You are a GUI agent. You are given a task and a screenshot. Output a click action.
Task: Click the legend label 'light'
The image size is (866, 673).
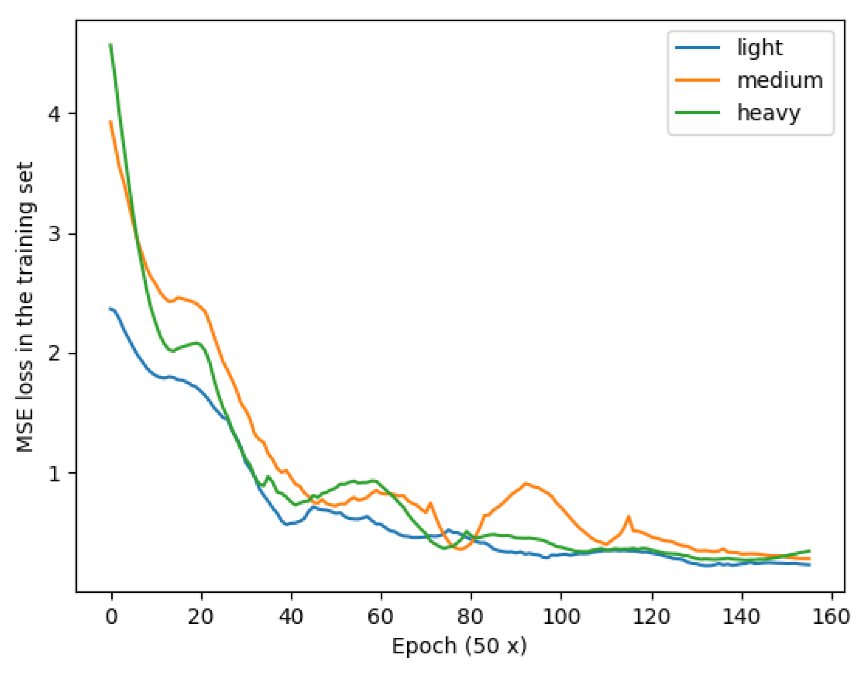tap(759, 48)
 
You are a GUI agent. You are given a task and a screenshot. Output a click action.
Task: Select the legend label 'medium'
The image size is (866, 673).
tap(779, 81)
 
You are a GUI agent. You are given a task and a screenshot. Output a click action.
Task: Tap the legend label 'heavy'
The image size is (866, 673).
tap(768, 113)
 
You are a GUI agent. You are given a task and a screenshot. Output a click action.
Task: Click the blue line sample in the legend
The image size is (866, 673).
tap(698, 48)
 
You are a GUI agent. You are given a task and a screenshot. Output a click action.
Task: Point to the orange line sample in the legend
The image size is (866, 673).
tap(698, 80)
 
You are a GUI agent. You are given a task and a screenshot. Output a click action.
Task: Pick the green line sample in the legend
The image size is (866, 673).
tap(698, 113)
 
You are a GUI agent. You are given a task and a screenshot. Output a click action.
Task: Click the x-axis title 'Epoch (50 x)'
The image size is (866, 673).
tap(459, 647)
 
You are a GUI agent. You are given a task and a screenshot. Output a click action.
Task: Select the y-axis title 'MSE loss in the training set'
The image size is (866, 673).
tap(25, 307)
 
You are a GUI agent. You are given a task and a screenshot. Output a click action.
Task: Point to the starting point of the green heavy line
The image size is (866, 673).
tap(111, 45)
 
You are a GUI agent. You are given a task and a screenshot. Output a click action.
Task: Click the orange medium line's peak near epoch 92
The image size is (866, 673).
tap(525, 483)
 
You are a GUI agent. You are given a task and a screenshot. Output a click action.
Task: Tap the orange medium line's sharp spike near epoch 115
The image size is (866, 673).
tap(629, 517)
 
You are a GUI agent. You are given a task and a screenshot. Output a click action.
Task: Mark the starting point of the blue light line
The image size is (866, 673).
tap(111, 309)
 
